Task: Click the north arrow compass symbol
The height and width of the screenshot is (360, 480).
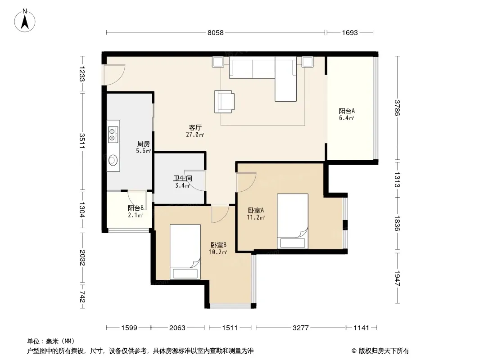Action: coord(25,21)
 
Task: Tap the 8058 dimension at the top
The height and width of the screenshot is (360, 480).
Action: coord(216,33)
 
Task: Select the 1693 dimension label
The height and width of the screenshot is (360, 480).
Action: coord(349,33)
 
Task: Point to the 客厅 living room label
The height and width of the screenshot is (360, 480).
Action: coord(195,127)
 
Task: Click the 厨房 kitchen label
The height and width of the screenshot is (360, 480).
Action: coord(143,144)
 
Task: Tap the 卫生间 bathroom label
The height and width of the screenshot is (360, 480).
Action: coord(183,178)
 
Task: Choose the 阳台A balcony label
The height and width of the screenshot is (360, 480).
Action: coord(347,111)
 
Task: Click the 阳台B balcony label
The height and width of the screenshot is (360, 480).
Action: coord(136,208)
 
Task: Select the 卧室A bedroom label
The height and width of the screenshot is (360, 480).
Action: coord(256,211)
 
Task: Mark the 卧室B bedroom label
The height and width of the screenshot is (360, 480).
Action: coord(218,245)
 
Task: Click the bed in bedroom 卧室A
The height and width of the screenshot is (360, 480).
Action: coord(293,221)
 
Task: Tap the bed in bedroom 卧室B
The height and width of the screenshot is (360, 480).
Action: coord(185,252)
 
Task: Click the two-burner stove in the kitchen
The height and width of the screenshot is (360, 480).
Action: coord(113,135)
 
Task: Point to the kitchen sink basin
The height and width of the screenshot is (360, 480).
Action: coord(113,160)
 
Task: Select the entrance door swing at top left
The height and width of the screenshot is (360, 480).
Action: coord(114,75)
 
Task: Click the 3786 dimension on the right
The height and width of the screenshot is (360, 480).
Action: coord(397,108)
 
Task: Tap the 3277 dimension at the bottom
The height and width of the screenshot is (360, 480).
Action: coord(301,328)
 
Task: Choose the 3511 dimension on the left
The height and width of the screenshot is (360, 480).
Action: coord(82,141)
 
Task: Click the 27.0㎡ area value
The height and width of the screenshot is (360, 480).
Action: coord(195,135)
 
